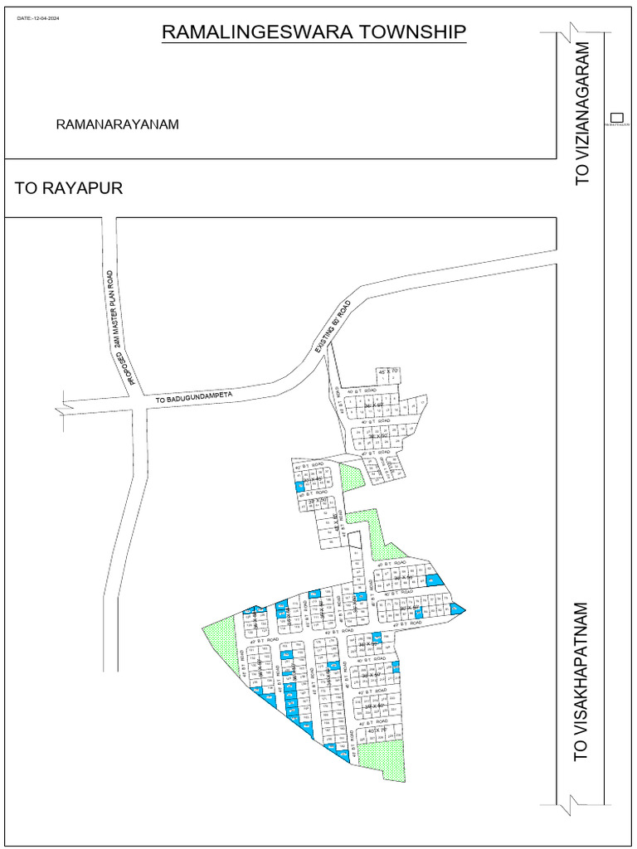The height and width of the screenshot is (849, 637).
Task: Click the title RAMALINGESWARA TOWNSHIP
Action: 314,32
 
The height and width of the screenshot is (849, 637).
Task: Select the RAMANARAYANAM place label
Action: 118,124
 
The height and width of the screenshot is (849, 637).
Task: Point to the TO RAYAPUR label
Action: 69,189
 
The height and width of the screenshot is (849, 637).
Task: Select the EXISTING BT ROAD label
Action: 333,327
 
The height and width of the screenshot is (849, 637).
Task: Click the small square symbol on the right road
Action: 615,117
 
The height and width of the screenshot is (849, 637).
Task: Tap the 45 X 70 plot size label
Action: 387,371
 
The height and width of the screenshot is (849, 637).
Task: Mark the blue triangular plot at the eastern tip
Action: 457,609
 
